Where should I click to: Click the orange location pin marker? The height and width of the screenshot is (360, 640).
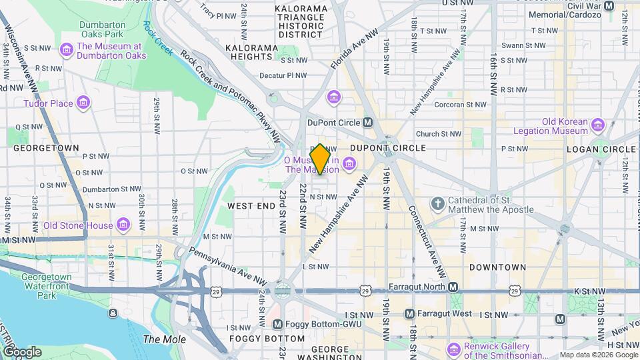pos(321,159)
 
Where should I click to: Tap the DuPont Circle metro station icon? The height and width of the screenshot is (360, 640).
pos(367,123)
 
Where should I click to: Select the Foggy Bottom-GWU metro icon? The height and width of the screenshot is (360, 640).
pos(278,324)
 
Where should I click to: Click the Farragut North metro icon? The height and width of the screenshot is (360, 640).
pos(453,287)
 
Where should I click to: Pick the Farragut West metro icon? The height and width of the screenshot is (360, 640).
pos(410,313)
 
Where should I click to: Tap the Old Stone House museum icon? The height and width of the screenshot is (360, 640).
pos(123,225)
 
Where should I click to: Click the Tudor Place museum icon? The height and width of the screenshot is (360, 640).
pos(83,103)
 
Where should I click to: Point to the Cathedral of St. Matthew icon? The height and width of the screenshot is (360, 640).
pos(438,203)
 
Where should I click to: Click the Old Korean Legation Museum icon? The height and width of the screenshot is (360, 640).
pos(598,125)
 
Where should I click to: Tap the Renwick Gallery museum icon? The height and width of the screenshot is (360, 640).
pos(454,349)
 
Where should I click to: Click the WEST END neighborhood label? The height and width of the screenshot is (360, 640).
pos(251,206)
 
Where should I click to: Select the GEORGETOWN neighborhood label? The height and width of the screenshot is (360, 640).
pos(46,147)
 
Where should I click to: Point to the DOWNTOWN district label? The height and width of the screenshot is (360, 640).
pos(497,267)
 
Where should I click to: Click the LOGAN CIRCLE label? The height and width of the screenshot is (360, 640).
pos(601,148)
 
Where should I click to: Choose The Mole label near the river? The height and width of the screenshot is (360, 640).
pos(160,339)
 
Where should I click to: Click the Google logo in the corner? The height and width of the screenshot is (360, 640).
pos(22,351)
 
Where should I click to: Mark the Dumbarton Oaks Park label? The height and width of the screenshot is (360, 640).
pos(93,29)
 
